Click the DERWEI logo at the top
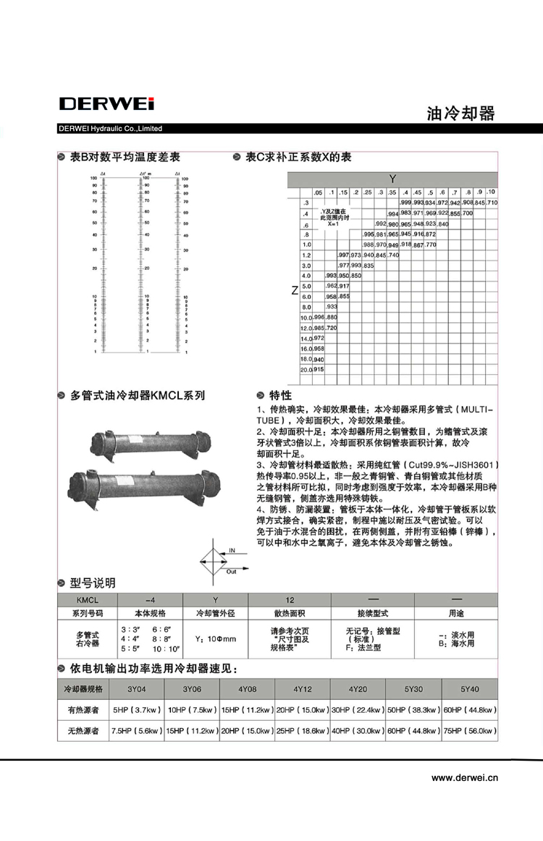point(106,103)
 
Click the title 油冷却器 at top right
point(460,114)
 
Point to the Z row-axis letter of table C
point(295,291)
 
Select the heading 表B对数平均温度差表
point(124,157)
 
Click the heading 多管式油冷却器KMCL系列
point(137,395)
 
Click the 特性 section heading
point(280,395)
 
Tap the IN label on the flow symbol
point(232,550)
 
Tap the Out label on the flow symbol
point(232,571)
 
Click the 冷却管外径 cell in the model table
point(215,612)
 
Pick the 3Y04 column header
point(136,688)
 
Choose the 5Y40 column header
point(470,688)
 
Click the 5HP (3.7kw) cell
point(136,710)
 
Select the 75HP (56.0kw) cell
point(470,732)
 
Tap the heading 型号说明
point(92,583)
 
